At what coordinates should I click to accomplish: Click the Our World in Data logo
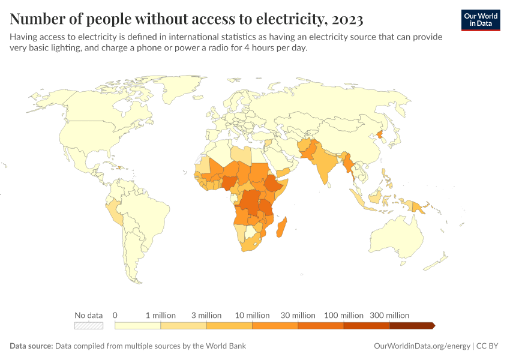(480, 20)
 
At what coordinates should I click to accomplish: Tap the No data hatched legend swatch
(88, 325)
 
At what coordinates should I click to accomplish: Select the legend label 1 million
(160, 315)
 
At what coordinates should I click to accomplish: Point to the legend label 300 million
(389, 315)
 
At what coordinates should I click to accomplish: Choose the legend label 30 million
(298, 315)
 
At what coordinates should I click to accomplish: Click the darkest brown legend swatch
(411, 325)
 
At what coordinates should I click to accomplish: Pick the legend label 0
(115, 315)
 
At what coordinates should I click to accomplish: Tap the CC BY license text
(488, 346)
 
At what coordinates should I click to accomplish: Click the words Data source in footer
(31, 346)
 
